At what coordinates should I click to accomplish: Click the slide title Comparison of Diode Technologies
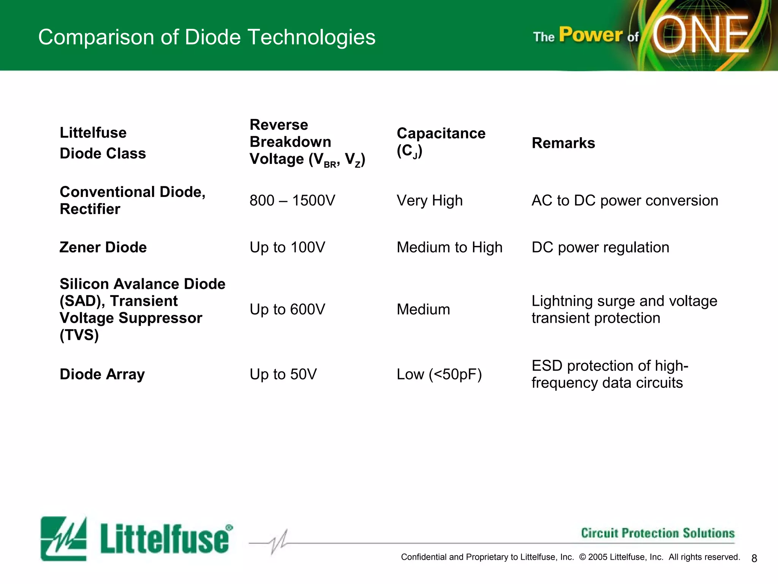pos(207,37)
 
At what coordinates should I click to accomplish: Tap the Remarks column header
pos(563,143)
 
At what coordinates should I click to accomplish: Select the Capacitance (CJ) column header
pos(441,142)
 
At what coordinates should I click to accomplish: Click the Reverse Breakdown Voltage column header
pos(307,142)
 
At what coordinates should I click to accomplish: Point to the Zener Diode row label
pos(103,247)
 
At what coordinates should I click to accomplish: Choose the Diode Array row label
pos(102,374)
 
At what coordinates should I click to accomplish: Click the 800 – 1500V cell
pos(292,200)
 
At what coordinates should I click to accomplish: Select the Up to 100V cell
pos(287,247)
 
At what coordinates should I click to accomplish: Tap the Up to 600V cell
pos(287,309)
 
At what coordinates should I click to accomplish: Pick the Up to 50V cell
pos(283,374)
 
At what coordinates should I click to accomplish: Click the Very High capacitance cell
pos(430,200)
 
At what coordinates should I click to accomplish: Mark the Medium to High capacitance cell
pos(449,247)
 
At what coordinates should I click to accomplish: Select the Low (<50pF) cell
pos(439,374)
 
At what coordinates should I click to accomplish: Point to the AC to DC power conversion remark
pos(625,200)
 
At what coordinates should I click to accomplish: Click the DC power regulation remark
pos(600,247)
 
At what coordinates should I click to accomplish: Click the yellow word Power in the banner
pos(590,35)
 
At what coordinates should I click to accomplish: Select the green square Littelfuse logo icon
pos(63,538)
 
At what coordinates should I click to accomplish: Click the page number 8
pos(754,558)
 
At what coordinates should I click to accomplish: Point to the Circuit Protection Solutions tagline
pos(658,533)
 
